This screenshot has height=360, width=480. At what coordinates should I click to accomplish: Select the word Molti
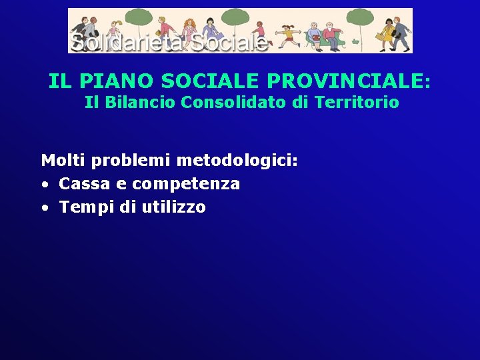coord(64,161)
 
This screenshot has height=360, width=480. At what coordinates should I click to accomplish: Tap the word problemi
coord(131,161)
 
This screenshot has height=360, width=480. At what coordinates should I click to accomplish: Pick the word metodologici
coord(237,161)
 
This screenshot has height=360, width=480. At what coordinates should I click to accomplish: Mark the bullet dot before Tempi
coord(44,208)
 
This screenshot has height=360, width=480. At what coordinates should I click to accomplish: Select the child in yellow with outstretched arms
coord(289,35)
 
